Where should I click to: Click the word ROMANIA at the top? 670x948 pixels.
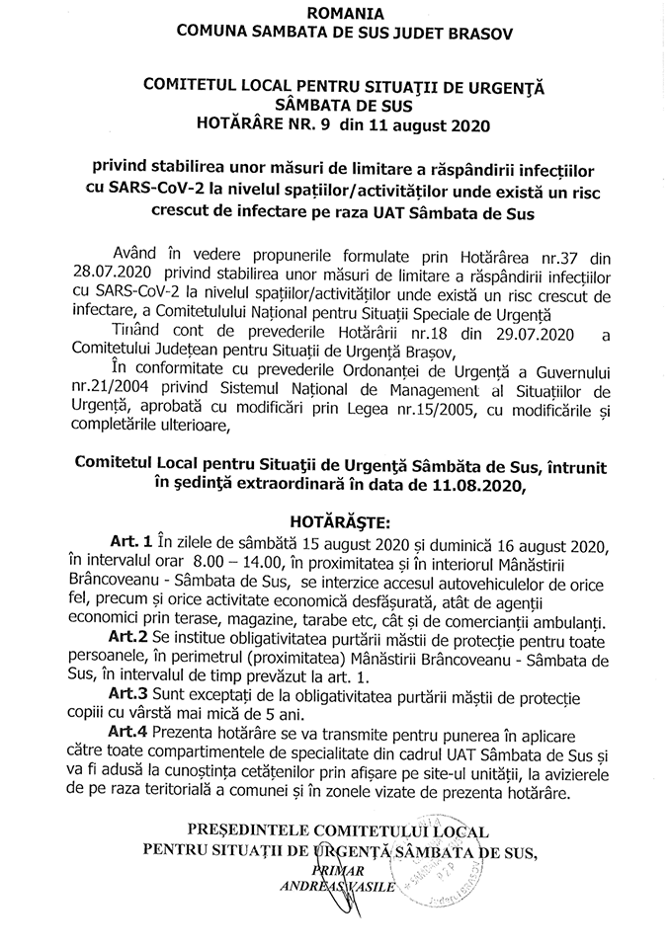[335, 13]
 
